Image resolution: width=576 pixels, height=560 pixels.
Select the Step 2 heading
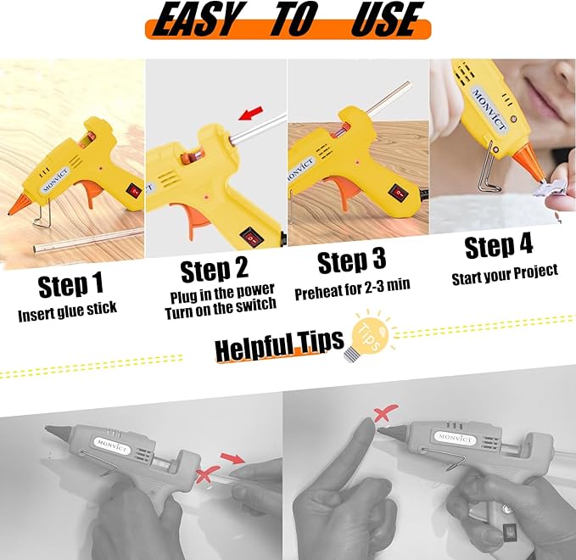tap(215, 271)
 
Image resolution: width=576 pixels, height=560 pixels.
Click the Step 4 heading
tap(499, 247)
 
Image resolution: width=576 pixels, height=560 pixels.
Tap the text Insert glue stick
tap(67, 314)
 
